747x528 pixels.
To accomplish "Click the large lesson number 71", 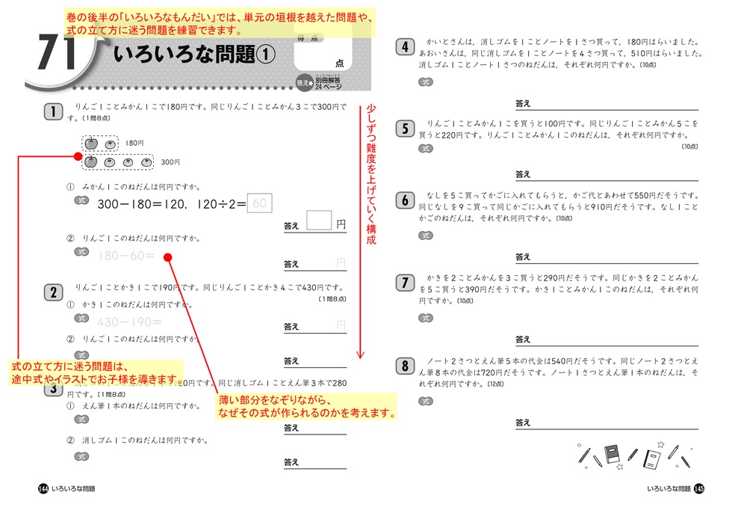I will [56, 55].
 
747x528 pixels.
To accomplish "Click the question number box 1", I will [53, 113].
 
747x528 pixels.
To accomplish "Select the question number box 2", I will [53, 292].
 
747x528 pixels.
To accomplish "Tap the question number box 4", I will [404, 48].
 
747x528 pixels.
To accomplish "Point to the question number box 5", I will [404, 128].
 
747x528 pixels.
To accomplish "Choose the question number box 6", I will [404, 200].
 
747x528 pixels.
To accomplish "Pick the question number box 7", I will [404, 282].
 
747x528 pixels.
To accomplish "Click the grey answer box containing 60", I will [259, 203].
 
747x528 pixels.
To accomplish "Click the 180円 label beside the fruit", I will [135, 143].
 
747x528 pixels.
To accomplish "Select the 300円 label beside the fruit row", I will [170, 162].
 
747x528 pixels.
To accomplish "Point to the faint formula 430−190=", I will [129, 322].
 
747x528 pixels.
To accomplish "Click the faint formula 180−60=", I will [125, 257].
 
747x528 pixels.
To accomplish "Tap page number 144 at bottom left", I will [43, 488].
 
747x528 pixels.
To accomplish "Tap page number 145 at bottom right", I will [698, 488].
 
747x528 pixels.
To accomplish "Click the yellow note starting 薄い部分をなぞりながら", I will [307, 406].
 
